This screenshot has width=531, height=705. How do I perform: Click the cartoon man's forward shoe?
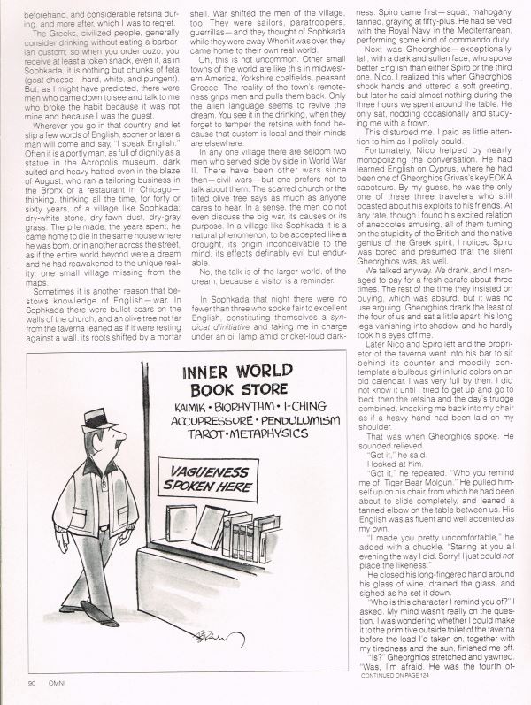110,622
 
